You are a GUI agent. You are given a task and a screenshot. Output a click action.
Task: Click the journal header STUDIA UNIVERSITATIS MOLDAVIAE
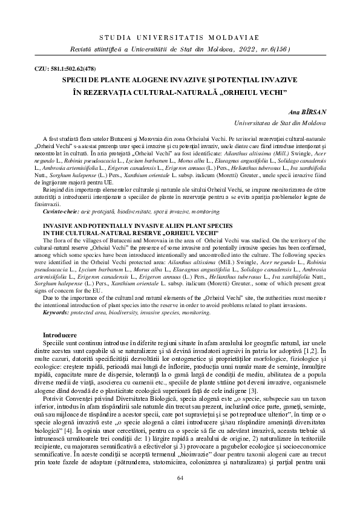pos(180,37)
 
